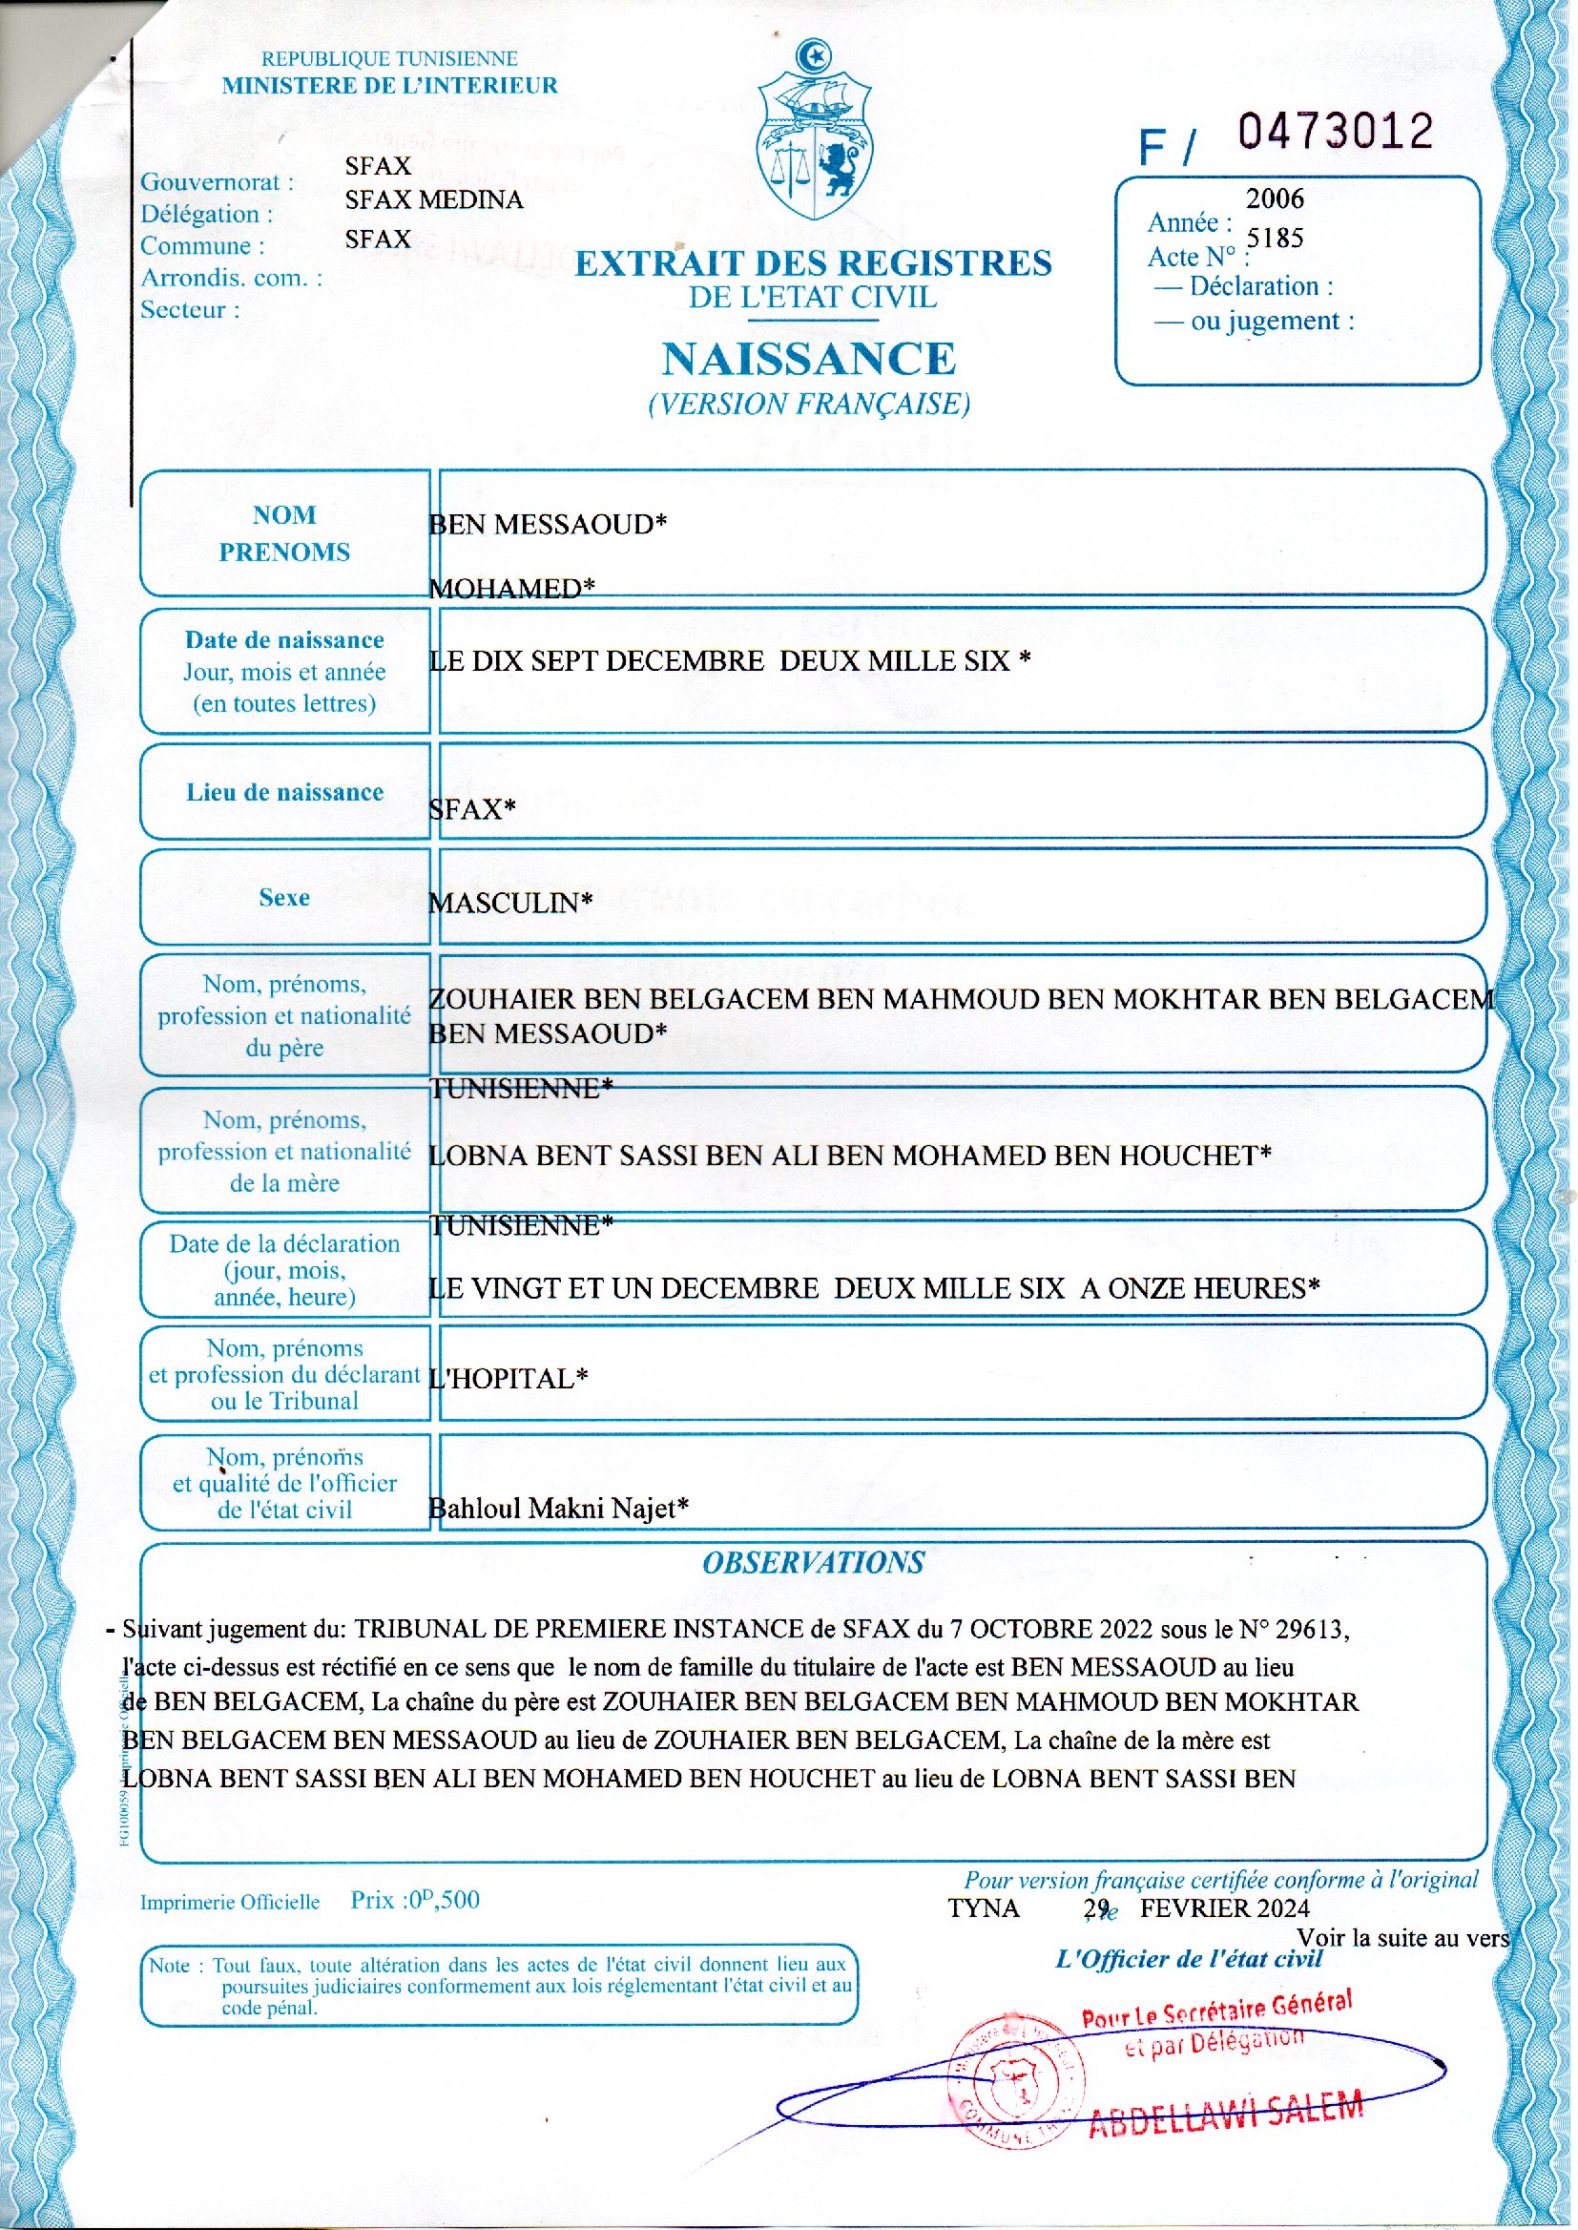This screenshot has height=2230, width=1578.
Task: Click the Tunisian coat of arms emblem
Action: tap(814, 130)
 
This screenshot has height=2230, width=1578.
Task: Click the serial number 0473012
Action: tap(1335, 132)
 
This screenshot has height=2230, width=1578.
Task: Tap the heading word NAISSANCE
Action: tap(809, 359)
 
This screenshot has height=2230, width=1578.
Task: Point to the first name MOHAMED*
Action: tap(512, 588)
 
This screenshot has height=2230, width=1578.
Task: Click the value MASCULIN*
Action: tap(511, 903)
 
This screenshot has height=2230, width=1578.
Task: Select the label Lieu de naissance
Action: tap(284, 792)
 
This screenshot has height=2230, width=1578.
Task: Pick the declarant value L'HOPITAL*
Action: tap(509, 1379)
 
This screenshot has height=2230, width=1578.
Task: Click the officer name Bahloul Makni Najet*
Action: tap(559, 1508)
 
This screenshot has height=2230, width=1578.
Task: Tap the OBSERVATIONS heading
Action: tap(813, 1562)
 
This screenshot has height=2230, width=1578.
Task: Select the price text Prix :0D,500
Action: tap(415, 1900)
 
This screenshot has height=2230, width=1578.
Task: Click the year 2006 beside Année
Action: tap(1275, 199)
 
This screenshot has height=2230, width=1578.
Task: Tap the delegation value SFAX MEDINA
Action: tap(433, 200)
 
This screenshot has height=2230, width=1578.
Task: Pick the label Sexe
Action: tap(284, 897)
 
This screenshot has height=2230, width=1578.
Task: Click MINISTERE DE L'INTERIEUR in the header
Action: tap(389, 86)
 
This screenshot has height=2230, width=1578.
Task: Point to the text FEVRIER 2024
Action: tap(1224, 1908)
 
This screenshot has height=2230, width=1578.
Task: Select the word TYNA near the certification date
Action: tap(984, 1908)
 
